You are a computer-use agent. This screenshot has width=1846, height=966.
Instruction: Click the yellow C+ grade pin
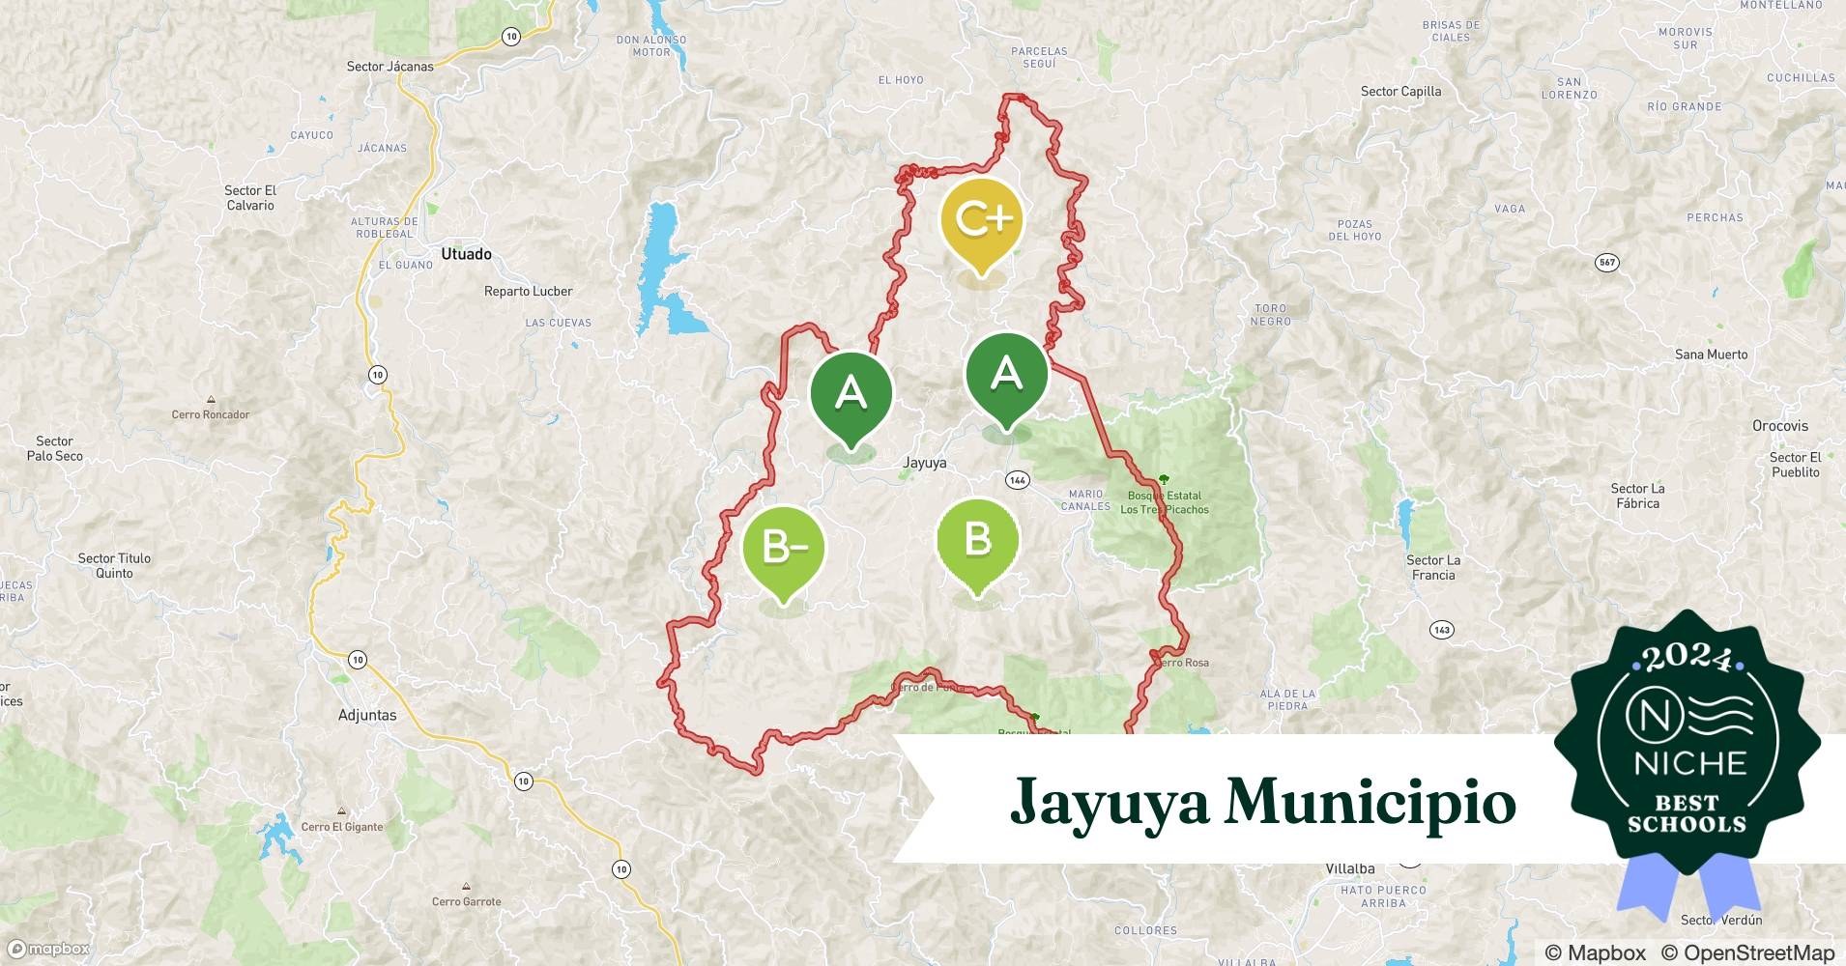[x=981, y=222]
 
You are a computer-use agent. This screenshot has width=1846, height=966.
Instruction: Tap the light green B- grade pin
[x=784, y=549]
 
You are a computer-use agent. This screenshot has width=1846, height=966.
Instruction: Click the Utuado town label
[x=466, y=254]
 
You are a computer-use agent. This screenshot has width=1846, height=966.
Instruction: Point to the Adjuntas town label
[x=367, y=716]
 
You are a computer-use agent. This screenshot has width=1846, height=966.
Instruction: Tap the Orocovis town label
[x=1779, y=426]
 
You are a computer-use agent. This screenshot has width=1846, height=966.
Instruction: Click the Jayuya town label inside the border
[x=924, y=463]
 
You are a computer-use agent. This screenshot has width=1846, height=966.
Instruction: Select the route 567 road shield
[x=1606, y=263]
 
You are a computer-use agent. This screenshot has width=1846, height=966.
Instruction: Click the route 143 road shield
[x=1441, y=630]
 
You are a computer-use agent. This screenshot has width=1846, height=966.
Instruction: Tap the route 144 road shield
[x=1017, y=480]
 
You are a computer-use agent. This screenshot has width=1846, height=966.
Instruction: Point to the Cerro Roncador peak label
[x=211, y=414]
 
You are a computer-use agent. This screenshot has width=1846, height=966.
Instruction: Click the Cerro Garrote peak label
[x=467, y=901]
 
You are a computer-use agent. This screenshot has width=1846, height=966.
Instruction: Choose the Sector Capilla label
[x=1400, y=92]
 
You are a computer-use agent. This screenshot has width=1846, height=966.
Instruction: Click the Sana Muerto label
[x=1711, y=355]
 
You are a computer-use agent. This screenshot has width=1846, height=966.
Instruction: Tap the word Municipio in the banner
[x=1370, y=802]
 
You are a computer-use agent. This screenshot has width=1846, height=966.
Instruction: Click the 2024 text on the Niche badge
[x=1687, y=658]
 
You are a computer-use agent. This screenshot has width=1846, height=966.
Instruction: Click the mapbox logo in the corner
[x=48, y=950]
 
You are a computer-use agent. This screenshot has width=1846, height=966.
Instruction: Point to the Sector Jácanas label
[x=390, y=67]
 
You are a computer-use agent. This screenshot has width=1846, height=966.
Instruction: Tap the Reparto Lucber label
[x=528, y=292]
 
